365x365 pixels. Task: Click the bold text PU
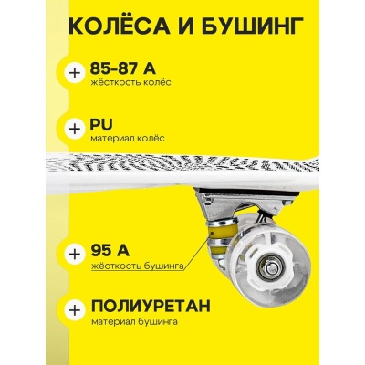[102, 122]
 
